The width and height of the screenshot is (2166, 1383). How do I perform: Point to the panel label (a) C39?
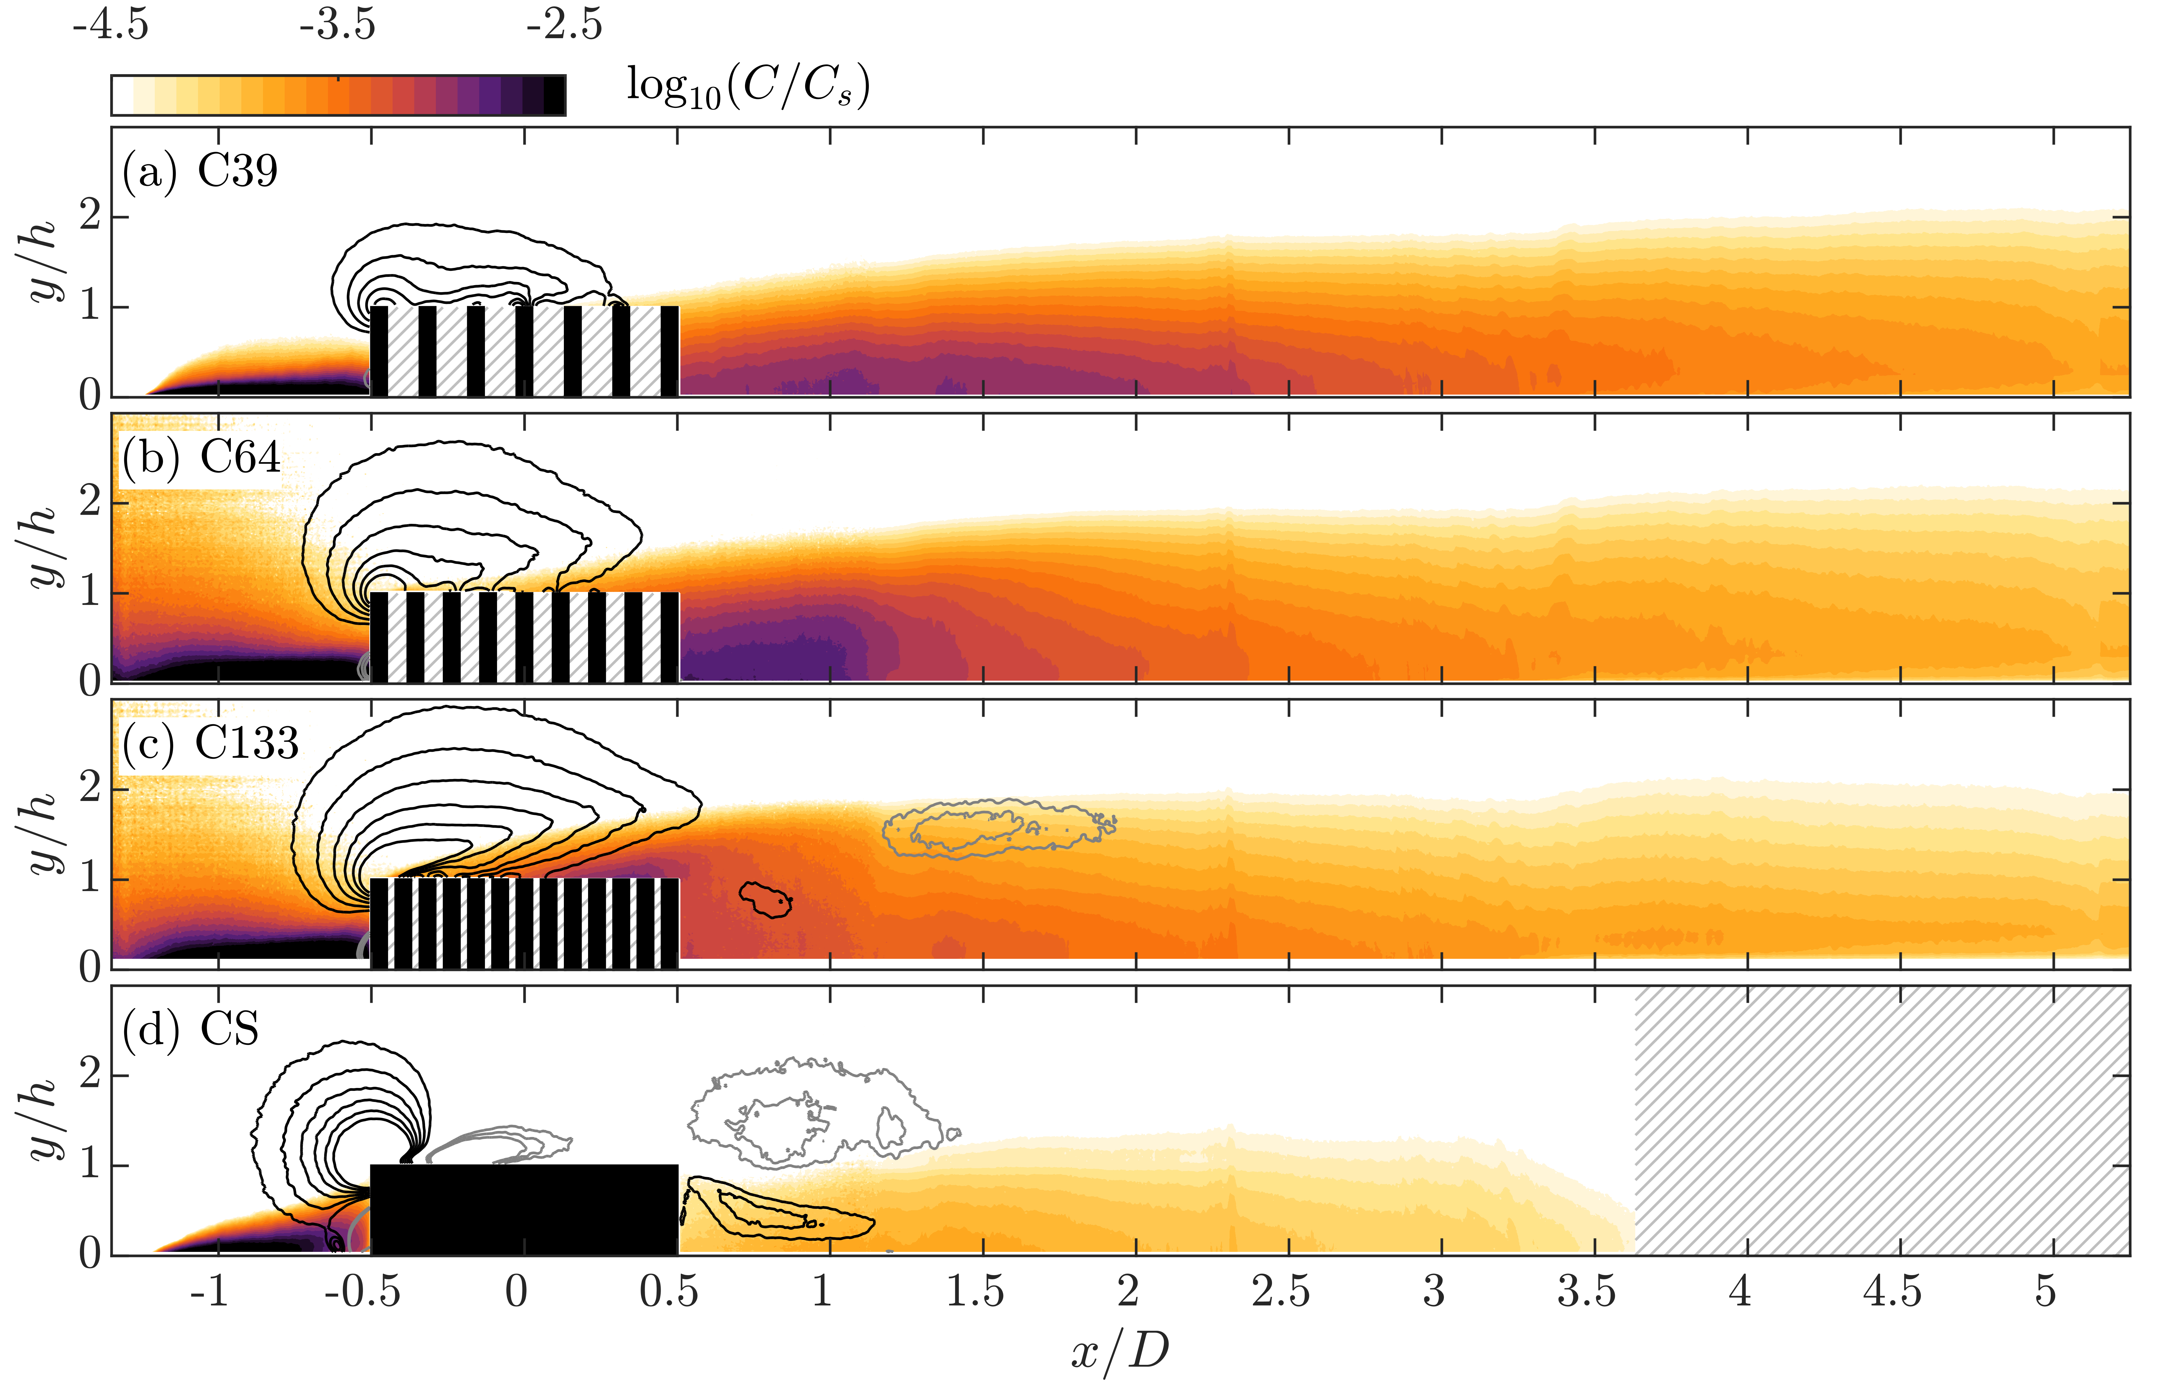pos(200,171)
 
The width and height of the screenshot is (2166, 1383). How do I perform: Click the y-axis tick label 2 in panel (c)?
pos(90,789)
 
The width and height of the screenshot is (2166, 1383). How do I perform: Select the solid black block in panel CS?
pos(524,1210)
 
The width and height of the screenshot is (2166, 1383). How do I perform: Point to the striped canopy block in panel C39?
pos(524,351)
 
